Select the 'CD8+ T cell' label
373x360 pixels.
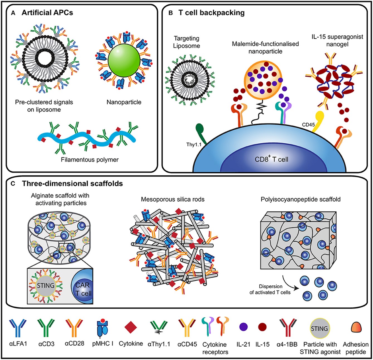(x=271, y=159)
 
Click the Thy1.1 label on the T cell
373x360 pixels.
(x=194, y=145)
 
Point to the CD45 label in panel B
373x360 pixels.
(x=308, y=125)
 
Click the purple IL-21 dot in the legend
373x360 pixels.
(x=243, y=327)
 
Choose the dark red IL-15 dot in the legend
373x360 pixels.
(x=262, y=327)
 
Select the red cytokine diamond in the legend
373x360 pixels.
(x=131, y=327)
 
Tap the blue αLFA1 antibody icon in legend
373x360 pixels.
(x=18, y=327)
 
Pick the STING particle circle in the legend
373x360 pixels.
(x=320, y=328)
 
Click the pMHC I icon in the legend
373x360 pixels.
(x=103, y=328)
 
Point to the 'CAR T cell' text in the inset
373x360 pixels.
(x=83, y=289)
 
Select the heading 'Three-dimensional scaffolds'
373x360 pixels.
(x=72, y=184)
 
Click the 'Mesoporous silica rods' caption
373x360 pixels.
(x=172, y=199)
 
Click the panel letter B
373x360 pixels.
(x=171, y=13)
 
